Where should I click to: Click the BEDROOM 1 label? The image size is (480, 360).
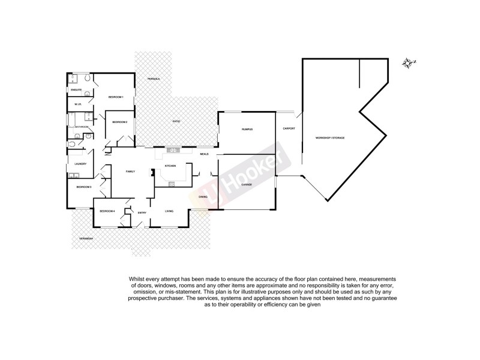click(116, 97)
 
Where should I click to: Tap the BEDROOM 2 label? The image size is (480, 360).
click(119, 122)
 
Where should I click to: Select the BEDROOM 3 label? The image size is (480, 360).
click(83, 187)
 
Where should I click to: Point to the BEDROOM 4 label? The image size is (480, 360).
click(107, 211)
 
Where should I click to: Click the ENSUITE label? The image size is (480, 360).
click(76, 90)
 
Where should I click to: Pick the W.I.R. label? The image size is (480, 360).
click(77, 104)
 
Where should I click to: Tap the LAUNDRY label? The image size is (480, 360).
click(81, 164)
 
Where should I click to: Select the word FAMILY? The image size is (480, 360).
click(130, 172)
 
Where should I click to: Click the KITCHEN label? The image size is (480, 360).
click(170, 166)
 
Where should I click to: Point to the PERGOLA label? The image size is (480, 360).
click(154, 79)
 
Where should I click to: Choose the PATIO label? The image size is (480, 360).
click(177, 122)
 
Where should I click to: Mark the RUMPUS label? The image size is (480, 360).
click(247, 130)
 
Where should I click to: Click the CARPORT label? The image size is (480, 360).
click(289, 128)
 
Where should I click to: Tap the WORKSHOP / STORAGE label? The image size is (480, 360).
click(330, 138)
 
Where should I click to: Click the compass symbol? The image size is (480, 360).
click(410, 63)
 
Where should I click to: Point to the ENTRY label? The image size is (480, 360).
click(142, 212)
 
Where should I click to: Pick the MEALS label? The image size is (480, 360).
click(205, 155)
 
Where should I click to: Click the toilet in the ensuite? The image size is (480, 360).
click(88, 79)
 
